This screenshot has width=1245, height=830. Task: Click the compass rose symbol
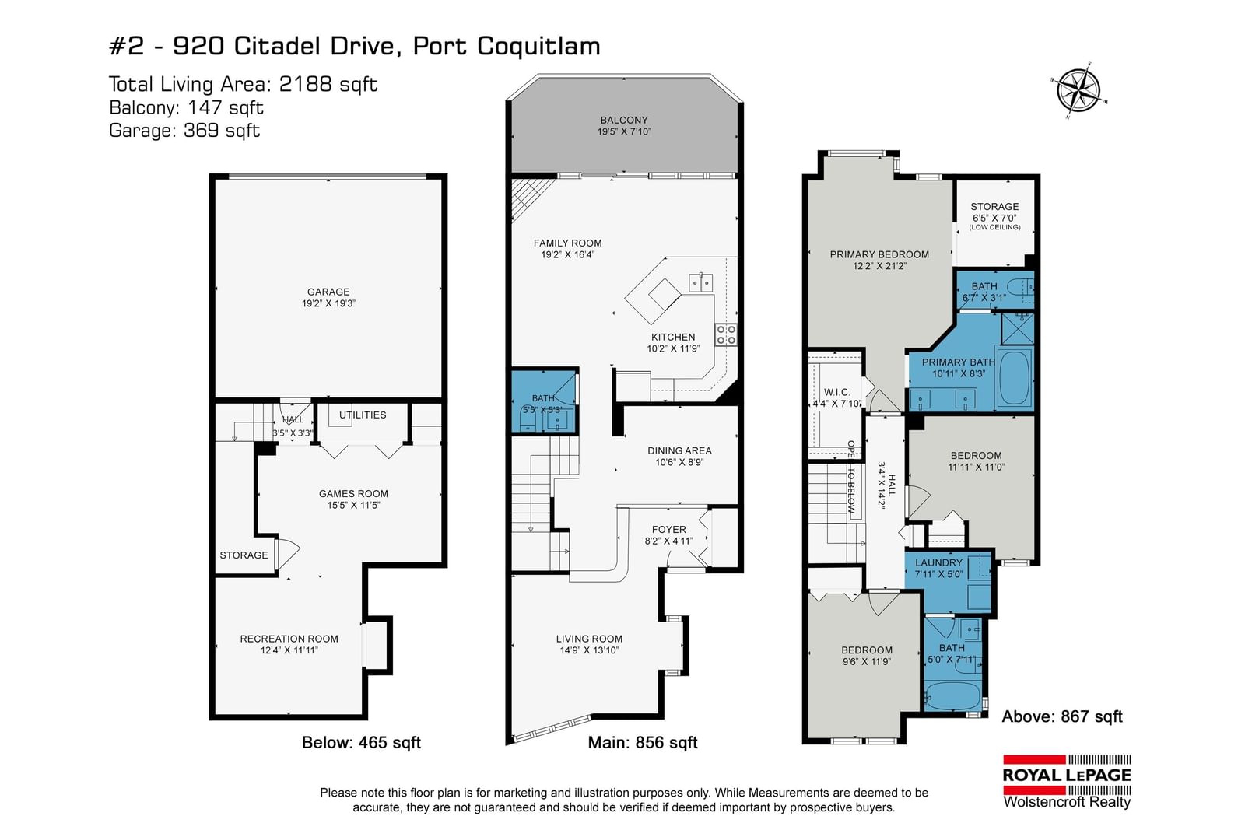click(1078, 91)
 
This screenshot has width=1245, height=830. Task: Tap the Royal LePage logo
click(1067, 781)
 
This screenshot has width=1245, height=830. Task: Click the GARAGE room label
click(328, 292)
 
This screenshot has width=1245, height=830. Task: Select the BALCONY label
click(623, 120)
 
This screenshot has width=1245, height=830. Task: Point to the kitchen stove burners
click(726, 335)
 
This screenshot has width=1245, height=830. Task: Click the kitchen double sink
click(701, 283)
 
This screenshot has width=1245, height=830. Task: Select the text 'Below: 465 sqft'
click(361, 742)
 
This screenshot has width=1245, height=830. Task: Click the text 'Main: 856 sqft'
click(643, 742)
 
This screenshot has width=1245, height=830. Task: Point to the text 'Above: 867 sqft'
click(1062, 716)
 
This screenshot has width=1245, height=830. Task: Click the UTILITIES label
click(363, 415)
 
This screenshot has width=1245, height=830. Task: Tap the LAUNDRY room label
click(938, 562)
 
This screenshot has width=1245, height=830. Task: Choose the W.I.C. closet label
click(836, 392)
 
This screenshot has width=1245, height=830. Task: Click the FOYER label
click(668, 530)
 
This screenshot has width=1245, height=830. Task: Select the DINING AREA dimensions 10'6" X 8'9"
click(679, 462)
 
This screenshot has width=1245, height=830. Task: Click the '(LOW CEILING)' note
click(994, 227)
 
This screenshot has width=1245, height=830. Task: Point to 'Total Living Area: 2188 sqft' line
click(243, 85)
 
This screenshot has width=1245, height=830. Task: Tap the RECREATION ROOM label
click(289, 639)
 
